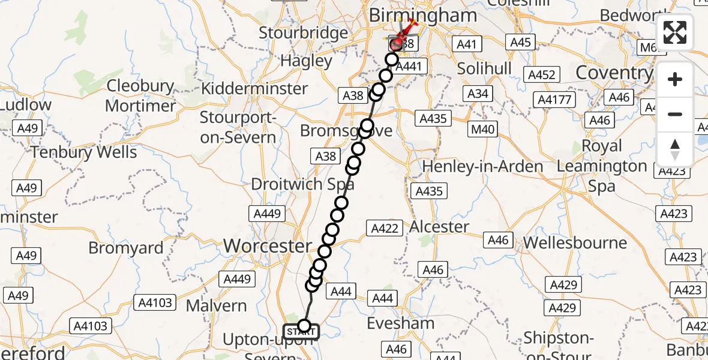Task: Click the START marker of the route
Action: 301,331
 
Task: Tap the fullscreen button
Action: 675,32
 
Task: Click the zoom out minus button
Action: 675,114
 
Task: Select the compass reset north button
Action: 675,149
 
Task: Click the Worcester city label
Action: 268,245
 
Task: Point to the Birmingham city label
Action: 423,16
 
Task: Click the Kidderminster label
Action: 255,89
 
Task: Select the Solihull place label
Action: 484,68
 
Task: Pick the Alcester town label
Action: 439,227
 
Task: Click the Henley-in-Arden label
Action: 483,166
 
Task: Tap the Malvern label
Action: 216,305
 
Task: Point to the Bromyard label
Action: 126,248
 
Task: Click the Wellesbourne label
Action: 575,243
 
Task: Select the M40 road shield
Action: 482,130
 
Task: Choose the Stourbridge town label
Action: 303,32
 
